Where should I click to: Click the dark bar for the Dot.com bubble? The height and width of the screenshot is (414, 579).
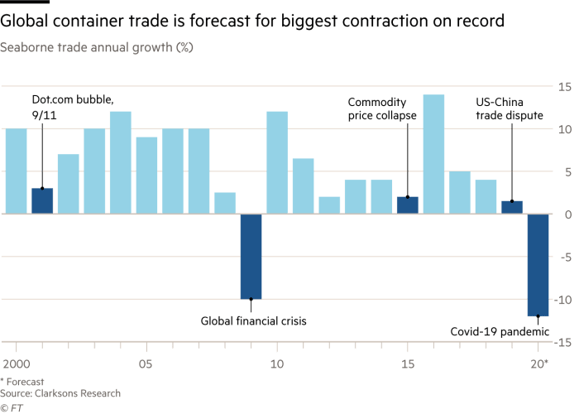tap(42, 200)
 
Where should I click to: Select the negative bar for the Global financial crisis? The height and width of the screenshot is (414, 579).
tap(251, 256)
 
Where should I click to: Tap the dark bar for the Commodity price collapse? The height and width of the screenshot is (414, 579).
tap(407, 205)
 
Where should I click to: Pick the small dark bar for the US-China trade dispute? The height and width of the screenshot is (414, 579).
tap(511, 207)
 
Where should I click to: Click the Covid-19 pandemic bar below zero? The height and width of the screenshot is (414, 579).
tap(538, 265)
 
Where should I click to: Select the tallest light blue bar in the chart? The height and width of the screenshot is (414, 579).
tap(433, 154)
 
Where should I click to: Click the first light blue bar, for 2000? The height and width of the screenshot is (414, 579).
tap(16, 171)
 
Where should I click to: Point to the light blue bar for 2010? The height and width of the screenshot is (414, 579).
tap(277, 162)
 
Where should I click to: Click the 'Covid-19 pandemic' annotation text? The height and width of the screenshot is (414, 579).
tap(499, 331)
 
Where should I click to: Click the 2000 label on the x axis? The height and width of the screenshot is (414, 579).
tap(15, 363)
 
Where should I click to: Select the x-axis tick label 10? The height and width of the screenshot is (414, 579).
tap(278, 363)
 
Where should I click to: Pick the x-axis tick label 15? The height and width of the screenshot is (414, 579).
tap(408, 363)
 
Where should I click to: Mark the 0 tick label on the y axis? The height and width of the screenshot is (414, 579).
tap(566, 214)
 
